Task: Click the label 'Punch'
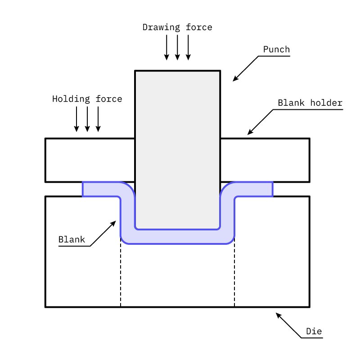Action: click(276, 49)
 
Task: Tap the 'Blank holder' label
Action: click(310, 103)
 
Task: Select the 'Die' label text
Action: click(314, 332)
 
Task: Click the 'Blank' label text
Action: click(72, 239)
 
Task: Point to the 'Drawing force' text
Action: click(177, 27)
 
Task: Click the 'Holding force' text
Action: click(87, 99)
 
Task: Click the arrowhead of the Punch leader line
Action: click(234, 80)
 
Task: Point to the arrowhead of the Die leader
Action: click(278, 315)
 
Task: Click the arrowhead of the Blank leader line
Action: click(115, 222)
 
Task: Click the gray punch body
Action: click(177, 144)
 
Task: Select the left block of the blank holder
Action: click(90, 160)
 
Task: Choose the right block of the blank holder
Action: click(265, 160)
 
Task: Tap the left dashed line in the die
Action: click(121, 274)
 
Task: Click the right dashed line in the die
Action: click(234, 274)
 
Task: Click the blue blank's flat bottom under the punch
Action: click(177, 237)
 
